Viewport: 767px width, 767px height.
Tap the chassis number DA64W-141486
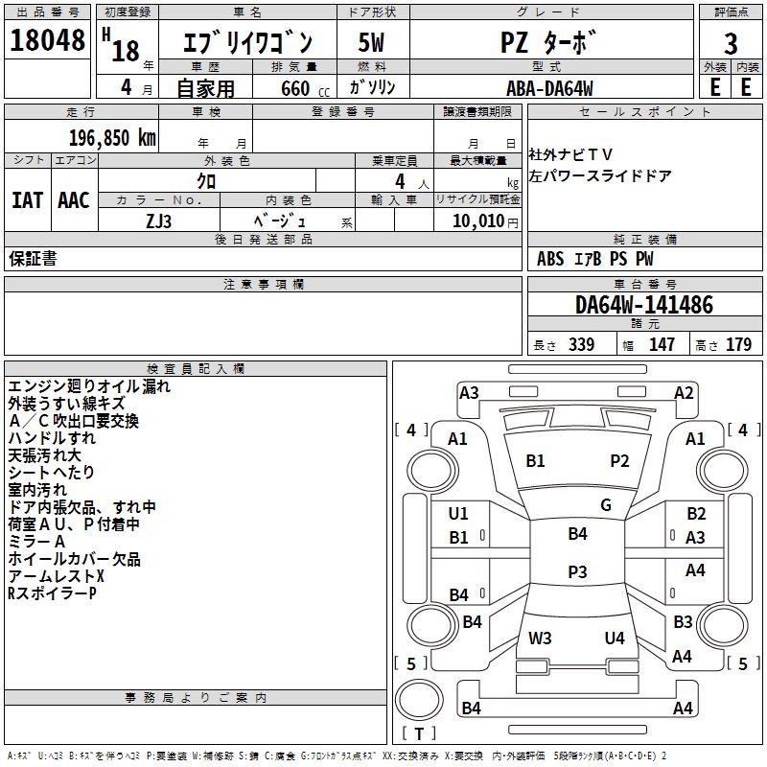tap(644, 305)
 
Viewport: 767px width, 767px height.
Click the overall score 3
tap(731, 44)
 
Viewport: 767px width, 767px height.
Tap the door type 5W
tap(372, 43)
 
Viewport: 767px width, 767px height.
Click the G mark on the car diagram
tap(606, 505)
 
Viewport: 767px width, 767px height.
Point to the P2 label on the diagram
tap(620, 461)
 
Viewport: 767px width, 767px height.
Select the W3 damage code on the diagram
tap(540, 638)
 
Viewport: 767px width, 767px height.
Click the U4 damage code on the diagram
tap(615, 638)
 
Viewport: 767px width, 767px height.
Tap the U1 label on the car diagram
tap(459, 514)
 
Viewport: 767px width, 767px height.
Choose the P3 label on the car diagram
tap(577, 571)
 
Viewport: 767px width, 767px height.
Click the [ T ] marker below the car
tap(418, 733)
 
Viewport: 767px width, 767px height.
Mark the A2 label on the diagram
tap(684, 392)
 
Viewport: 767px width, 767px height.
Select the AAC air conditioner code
tap(74, 200)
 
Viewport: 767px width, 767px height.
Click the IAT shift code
tap(27, 200)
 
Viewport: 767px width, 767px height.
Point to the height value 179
tap(739, 345)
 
